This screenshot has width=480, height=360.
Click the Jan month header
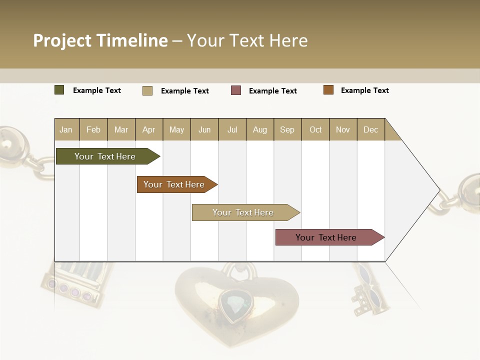click(66, 130)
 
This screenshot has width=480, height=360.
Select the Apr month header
click(148, 130)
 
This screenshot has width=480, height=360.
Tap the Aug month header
click(259, 130)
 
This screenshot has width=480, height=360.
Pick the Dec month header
click(370, 130)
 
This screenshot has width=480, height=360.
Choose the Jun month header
click(204, 130)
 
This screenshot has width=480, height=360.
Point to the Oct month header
click(315, 130)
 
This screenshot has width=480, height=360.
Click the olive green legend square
click(59, 90)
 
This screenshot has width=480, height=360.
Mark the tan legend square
click(147, 90)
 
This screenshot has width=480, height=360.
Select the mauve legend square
click(236, 90)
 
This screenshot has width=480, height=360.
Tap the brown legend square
click(328, 90)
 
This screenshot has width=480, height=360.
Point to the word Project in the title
click(62, 40)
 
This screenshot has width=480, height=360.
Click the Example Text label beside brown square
click(364, 90)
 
